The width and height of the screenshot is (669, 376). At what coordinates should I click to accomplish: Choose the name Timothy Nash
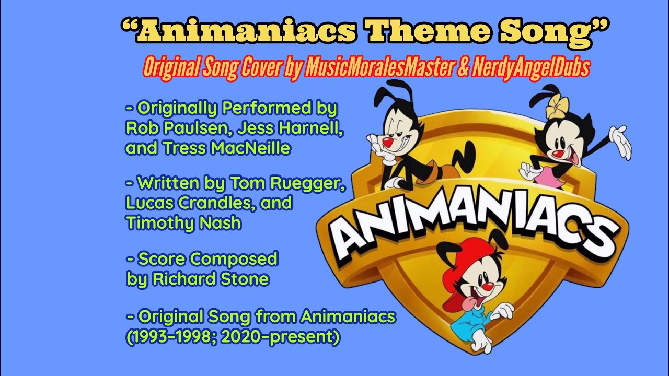pyautogui.click(x=183, y=223)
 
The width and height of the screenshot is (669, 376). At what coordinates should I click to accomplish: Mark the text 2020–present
pyautogui.click(x=280, y=337)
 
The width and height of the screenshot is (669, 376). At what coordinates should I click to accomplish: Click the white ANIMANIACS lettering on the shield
pyautogui.click(x=470, y=225)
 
